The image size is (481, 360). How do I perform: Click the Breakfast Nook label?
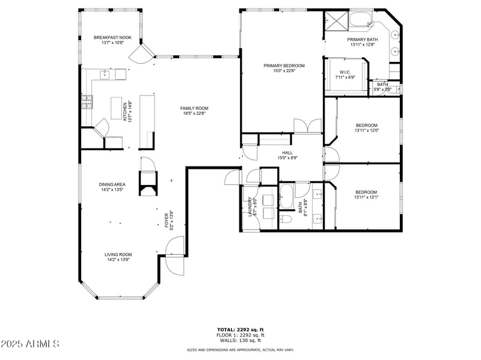point(108,37)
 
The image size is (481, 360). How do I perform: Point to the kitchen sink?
point(104,74)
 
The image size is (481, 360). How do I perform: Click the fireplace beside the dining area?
point(148,183)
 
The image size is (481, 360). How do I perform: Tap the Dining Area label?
point(112,185)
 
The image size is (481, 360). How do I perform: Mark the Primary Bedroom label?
point(284,66)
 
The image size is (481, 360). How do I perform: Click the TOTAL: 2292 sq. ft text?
point(240,329)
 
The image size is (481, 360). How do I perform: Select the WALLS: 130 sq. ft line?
point(240,340)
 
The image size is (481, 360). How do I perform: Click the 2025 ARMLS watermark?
point(30,344)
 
